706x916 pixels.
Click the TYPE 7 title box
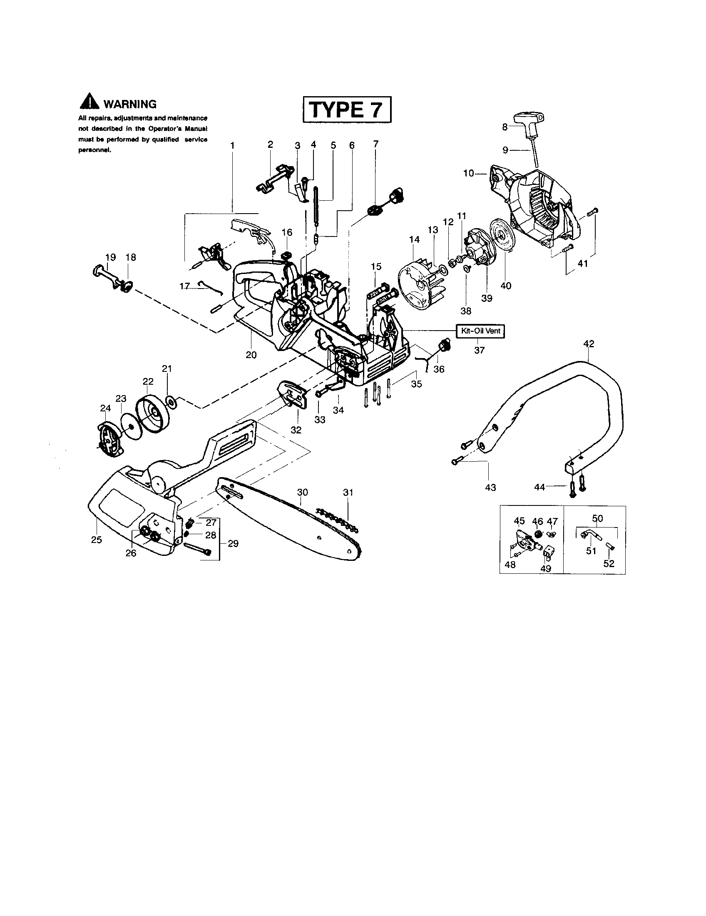click(x=347, y=110)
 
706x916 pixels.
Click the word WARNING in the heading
click(x=129, y=104)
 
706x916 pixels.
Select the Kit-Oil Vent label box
click(x=480, y=331)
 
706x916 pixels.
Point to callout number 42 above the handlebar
click(x=588, y=344)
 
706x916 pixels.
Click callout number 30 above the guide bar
click(x=302, y=492)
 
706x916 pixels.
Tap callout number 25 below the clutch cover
click(x=97, y=540)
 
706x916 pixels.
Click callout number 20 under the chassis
click(x=251, y=355)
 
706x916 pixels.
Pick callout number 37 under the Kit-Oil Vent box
click(x=479, y=350)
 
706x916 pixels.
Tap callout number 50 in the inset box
click(x=597, y=518)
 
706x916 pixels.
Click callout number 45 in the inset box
click(x=519, y=521)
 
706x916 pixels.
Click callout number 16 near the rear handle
click(x=287, y=232)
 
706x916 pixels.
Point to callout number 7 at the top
click(x=375, y=144)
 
